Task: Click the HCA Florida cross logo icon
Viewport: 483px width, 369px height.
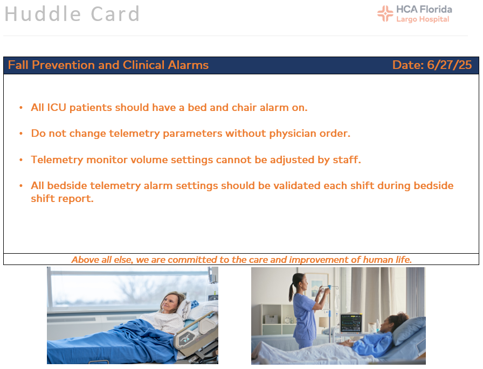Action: click(x=385, y=14)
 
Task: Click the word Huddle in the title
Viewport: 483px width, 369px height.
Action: click(x=43, y=14)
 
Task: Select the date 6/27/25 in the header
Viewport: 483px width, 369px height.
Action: click(x=449, y=65)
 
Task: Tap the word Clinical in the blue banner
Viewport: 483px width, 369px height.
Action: click(x=143, y=65)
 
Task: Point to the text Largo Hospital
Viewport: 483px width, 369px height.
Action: click(x=423, y=19)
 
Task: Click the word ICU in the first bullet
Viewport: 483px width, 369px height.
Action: click(x=57, y=107)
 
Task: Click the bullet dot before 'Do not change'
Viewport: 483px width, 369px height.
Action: click(x=21, y=134)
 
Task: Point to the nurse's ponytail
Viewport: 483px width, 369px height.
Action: click(x=292, y=289)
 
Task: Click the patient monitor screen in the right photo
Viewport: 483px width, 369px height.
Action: click(x=351, y=323)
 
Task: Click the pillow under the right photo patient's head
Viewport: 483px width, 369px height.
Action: click(x=408, y=331)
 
